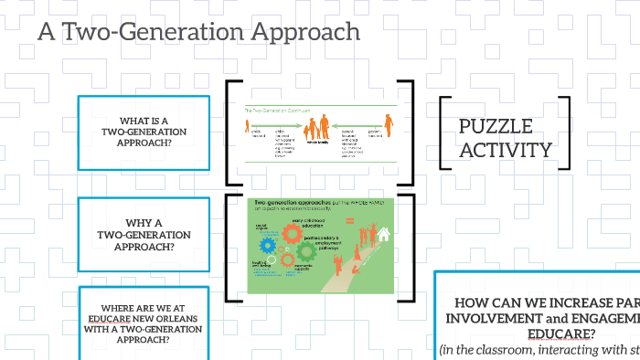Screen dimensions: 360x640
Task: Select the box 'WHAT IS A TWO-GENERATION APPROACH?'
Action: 144,132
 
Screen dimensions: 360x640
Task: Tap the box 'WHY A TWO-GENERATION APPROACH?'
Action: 144,234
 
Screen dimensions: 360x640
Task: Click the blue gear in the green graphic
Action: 268,246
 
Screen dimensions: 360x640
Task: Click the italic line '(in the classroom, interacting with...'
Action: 539,349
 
